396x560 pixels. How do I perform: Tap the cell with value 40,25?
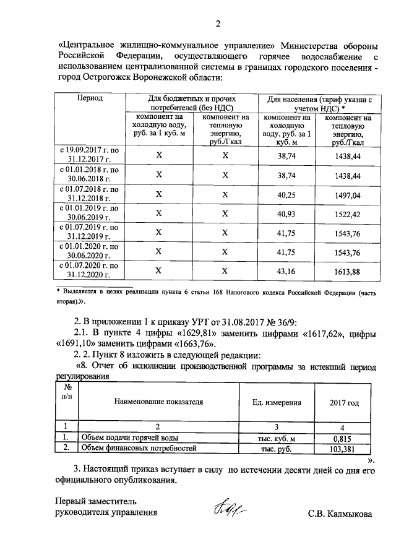point(287,194)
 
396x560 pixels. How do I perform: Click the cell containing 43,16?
point(287,271)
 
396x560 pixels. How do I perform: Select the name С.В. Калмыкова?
point(342,514)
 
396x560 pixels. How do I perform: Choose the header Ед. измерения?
point(277,402)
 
